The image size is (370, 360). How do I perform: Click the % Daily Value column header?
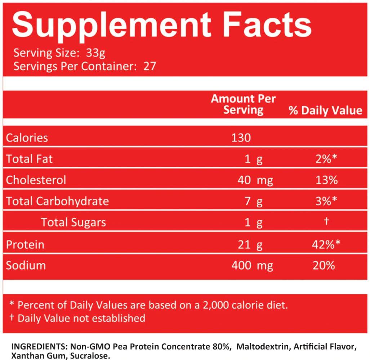(x=325, y=110)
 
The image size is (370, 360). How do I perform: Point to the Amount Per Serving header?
(x=243, y=104)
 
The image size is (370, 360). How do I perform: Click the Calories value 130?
(x=241, y=138)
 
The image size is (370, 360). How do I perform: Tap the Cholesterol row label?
(x=36, y=180)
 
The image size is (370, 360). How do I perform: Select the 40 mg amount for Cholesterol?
(x=255, y=180)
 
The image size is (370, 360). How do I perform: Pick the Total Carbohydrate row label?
(x=57, y=201)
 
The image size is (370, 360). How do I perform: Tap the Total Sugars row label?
(x=73, y=222)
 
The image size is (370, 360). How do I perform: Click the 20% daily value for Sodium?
(x=324, y=265)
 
